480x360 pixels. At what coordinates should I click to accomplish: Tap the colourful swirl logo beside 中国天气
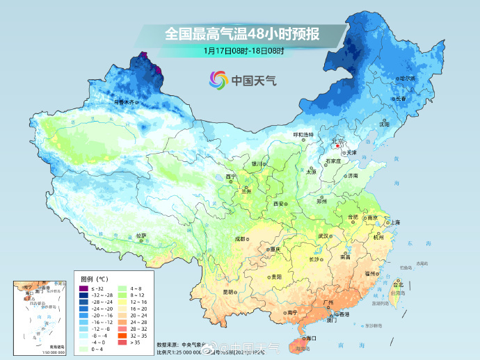218,80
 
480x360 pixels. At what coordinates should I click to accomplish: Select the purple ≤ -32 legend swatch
83,288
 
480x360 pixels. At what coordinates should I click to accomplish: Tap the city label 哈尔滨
407,79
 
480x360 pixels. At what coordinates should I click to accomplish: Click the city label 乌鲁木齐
126,101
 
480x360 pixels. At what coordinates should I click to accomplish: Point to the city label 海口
310,338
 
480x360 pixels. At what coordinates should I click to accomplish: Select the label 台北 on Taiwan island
399,284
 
